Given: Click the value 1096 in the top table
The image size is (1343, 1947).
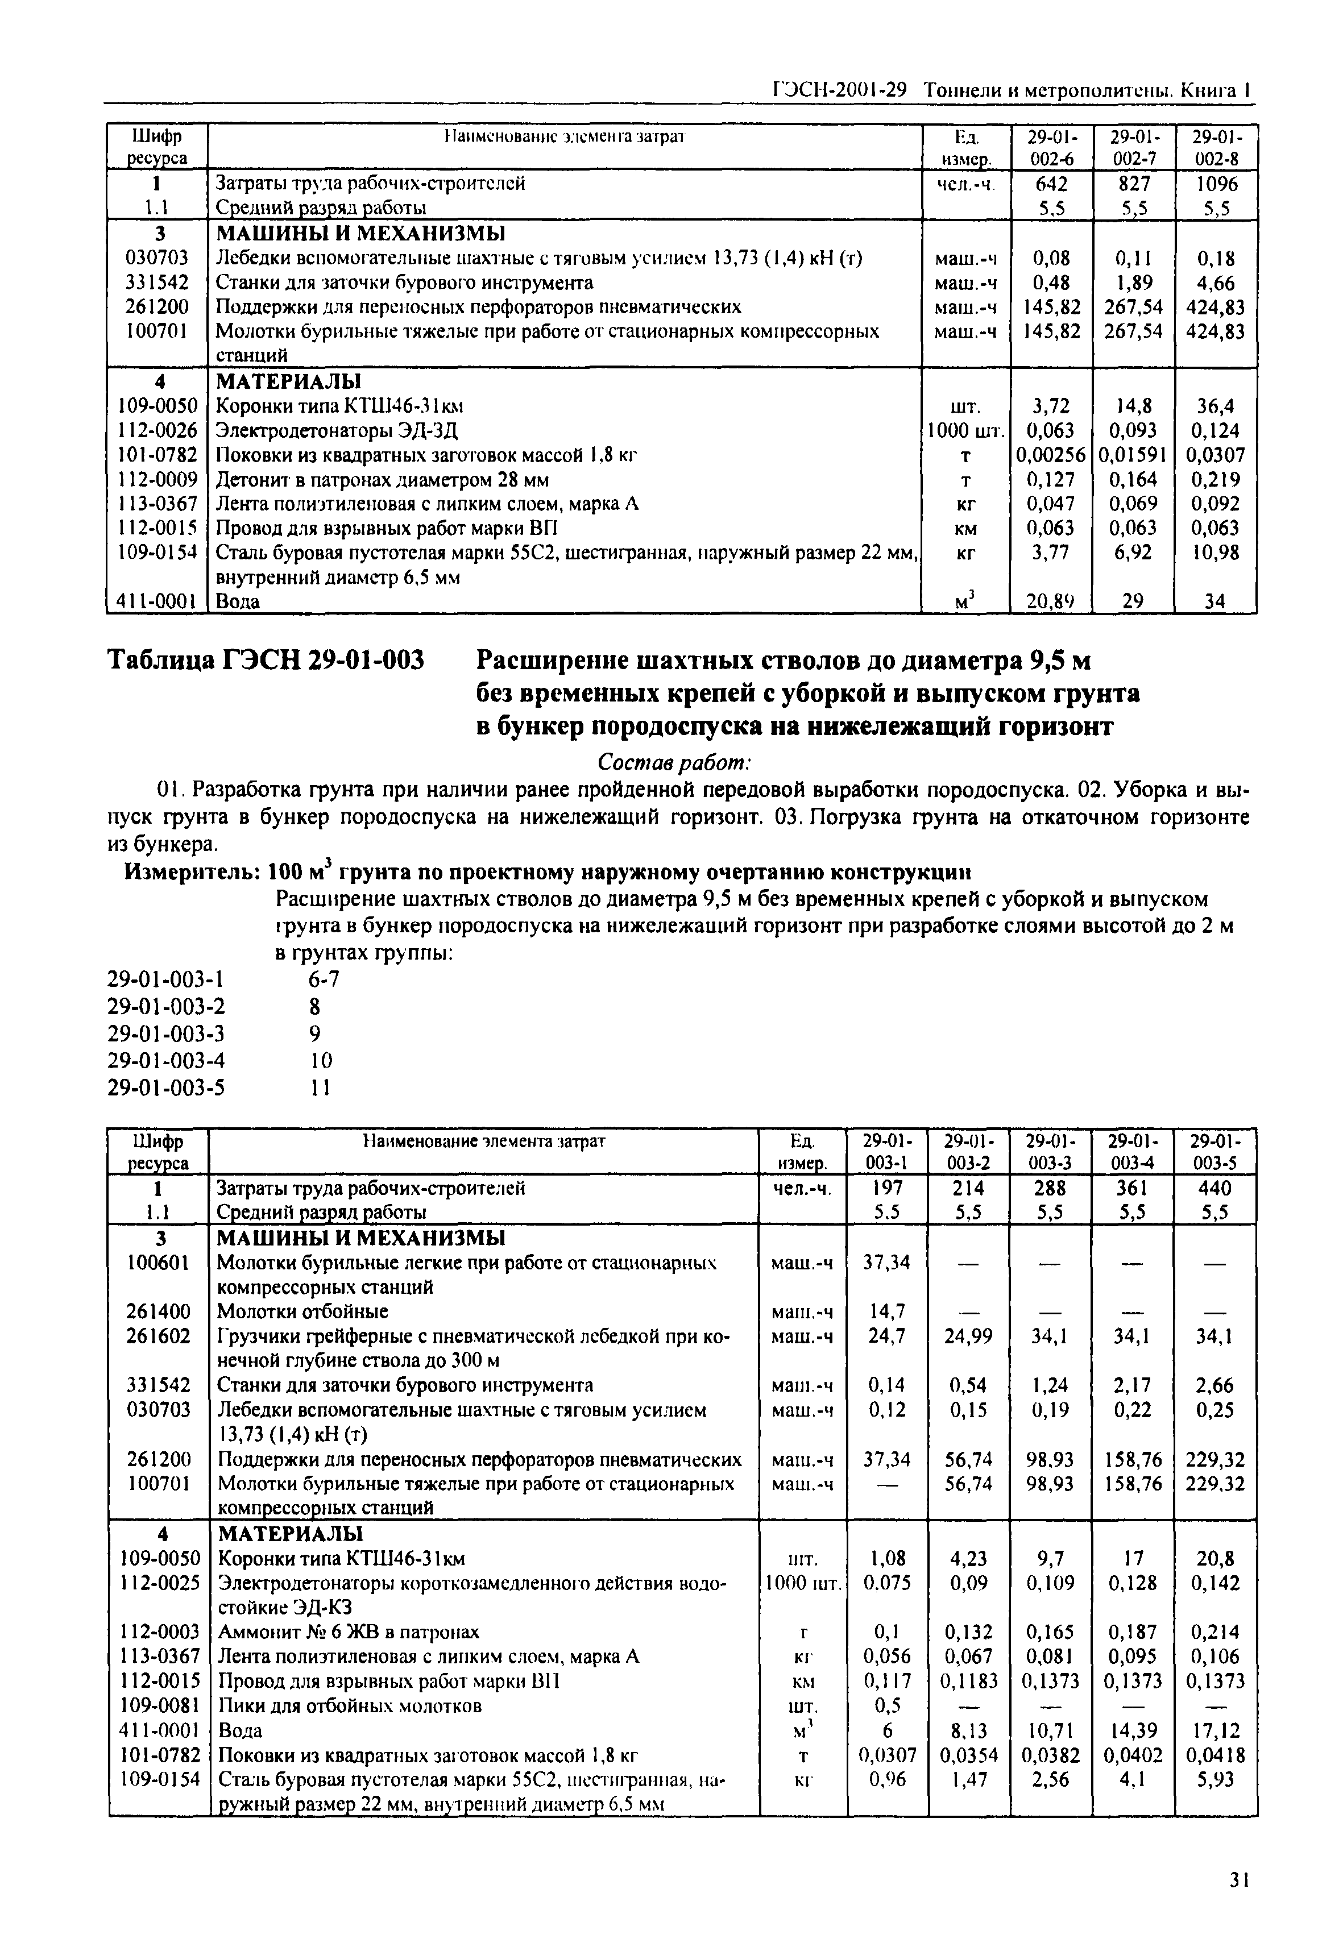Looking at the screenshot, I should tap(1216, 184).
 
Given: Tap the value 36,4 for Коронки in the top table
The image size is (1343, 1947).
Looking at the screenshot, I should tap(1216, 406).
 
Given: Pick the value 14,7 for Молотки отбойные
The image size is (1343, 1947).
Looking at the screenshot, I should tap(887, 1311).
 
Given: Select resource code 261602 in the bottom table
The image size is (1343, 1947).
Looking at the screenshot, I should tap(159, 1336).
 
